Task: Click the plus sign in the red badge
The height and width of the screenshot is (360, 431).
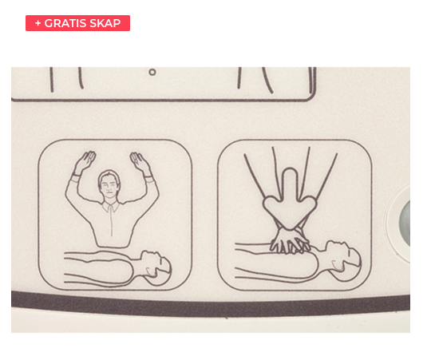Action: point(38,23)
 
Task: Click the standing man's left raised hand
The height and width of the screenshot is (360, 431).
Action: point(85,160)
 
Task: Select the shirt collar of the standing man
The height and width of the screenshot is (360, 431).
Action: point(111,206)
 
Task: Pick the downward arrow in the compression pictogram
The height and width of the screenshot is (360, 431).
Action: point(290,200)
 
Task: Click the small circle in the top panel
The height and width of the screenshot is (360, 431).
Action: point(152,73)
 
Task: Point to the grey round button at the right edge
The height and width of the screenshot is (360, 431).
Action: point(405,224)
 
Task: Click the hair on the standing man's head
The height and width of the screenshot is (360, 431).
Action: point(109,174)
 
